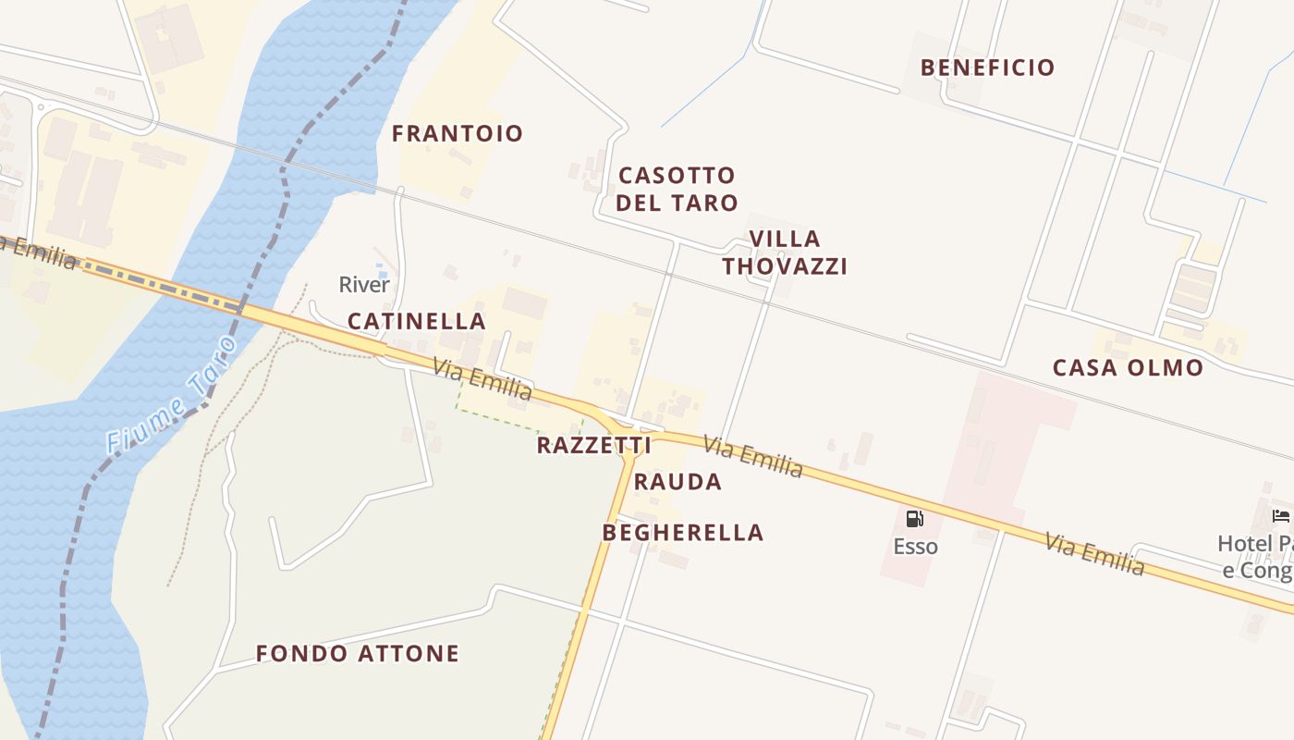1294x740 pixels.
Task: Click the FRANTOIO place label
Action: [457, 133]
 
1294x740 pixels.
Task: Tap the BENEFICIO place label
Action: [987, 68]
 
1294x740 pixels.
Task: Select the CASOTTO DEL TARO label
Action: [677, 189]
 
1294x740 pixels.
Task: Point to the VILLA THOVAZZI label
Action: [785, 253]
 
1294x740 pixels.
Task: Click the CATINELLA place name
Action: [416, 321]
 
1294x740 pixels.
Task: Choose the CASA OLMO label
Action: [1128, 367]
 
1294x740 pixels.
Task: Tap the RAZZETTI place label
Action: [593, 445]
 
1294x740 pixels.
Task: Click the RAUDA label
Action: [678, 481]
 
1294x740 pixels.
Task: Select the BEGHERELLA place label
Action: [683, 532]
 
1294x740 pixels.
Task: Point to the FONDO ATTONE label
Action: [358, 653]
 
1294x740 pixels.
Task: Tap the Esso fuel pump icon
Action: [914, 518]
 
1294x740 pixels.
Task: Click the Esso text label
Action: [915, 547]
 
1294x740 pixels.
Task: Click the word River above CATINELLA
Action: [364, 284]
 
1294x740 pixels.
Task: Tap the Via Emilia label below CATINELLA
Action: [482, 379]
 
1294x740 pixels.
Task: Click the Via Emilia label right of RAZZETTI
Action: [752, 457]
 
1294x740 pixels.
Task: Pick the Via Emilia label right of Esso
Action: [1094, 554]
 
